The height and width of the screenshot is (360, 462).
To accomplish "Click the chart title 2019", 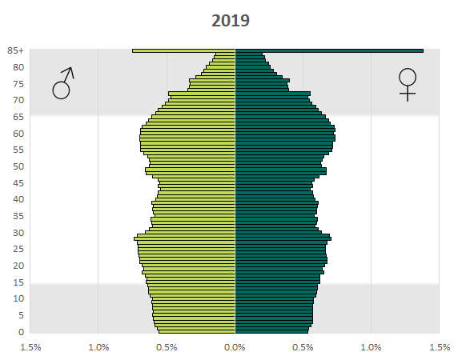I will [x=231, y=21].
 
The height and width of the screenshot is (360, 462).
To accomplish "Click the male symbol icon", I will [x=63, y=82].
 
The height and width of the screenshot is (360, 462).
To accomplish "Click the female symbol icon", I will [x=408, y=83].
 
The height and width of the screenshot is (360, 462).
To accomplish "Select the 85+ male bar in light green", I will [x=183, y=51].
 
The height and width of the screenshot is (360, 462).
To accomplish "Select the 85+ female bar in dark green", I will [x=329, y=51].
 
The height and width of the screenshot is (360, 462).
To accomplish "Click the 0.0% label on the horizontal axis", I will [x=235, y=348].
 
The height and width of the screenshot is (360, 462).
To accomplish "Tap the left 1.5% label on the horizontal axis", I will [x=30, y=348].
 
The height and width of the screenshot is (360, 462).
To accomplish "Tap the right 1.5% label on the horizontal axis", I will [x=440, y=348].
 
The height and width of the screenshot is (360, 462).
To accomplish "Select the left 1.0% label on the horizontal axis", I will [x=98, y=348].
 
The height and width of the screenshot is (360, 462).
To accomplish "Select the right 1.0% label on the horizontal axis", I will [x=372, y=348].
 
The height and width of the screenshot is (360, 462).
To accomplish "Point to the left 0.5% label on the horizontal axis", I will [x=167, y=348].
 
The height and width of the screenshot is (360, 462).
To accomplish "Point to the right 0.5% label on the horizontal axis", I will [x=303, y=348].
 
